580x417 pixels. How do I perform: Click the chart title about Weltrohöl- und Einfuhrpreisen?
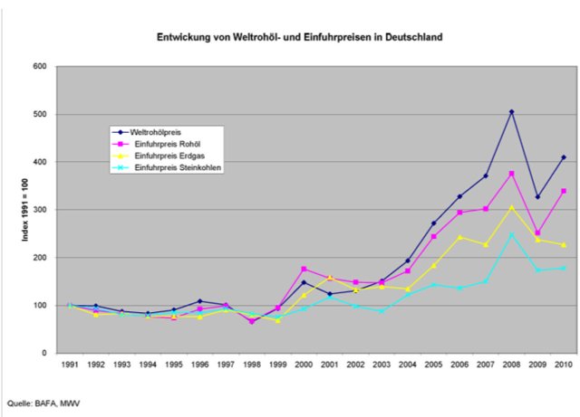(x=290, y=40)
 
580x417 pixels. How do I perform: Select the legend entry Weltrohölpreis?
(x=155, y=132)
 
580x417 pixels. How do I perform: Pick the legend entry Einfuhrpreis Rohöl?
(x=160, y=144)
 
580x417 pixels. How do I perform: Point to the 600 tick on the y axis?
(x=40, y=66)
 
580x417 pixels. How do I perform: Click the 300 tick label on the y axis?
(x=40, y=210)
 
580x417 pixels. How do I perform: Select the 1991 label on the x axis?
(x=70, y=365)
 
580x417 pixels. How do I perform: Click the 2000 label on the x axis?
(x=304, y=365)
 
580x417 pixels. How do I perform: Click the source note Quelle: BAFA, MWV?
(x=40, y=404)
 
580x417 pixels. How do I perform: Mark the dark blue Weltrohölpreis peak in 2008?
(x=511, y=112)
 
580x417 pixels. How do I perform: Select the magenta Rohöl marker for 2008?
(x=511, y=174)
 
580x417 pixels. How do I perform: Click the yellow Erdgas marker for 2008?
(x=511, y=207)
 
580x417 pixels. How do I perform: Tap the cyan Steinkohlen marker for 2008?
(x=511, y=235)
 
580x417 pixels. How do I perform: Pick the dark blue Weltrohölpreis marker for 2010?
(x=563, y=157)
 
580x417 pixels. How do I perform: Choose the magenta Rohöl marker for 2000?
(x=304, y=269)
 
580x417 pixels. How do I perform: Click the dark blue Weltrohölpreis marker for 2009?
(x=537, y=197)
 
